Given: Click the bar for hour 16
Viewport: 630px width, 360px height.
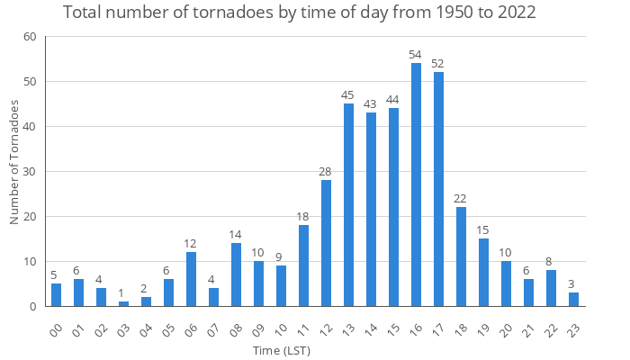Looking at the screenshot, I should (416, 184).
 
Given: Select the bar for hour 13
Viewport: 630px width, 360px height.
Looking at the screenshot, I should (348, 205).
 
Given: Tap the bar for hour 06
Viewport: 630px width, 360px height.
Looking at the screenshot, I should (191, 279).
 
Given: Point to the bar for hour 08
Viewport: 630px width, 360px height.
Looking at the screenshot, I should (236, 274).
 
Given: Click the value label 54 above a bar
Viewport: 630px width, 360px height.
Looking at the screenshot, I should (416, 54).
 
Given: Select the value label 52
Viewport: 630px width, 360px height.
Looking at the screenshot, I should (438, 63).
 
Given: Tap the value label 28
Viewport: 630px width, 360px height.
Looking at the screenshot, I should (326, 171).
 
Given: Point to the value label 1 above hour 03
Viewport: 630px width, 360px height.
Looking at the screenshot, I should (123, 292).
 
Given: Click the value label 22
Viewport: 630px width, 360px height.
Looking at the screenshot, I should (461, 198).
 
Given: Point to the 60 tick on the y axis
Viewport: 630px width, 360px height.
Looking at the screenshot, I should (30, 37).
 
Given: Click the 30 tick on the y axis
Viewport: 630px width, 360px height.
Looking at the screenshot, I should (30, 172).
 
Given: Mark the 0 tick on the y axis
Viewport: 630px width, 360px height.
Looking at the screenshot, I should (33, 307).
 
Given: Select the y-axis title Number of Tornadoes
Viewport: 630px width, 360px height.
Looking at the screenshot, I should (14, 162).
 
